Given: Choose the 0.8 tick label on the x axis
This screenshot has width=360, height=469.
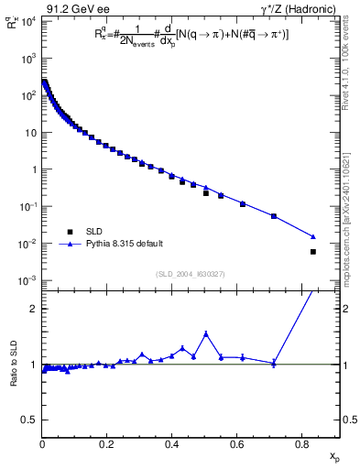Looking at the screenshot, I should click(301, 446).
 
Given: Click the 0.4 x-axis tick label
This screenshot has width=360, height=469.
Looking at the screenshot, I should click(171, 446).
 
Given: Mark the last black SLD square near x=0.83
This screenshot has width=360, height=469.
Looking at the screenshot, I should click(313, 252).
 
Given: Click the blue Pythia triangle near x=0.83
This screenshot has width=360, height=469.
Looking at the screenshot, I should click(313, 236).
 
